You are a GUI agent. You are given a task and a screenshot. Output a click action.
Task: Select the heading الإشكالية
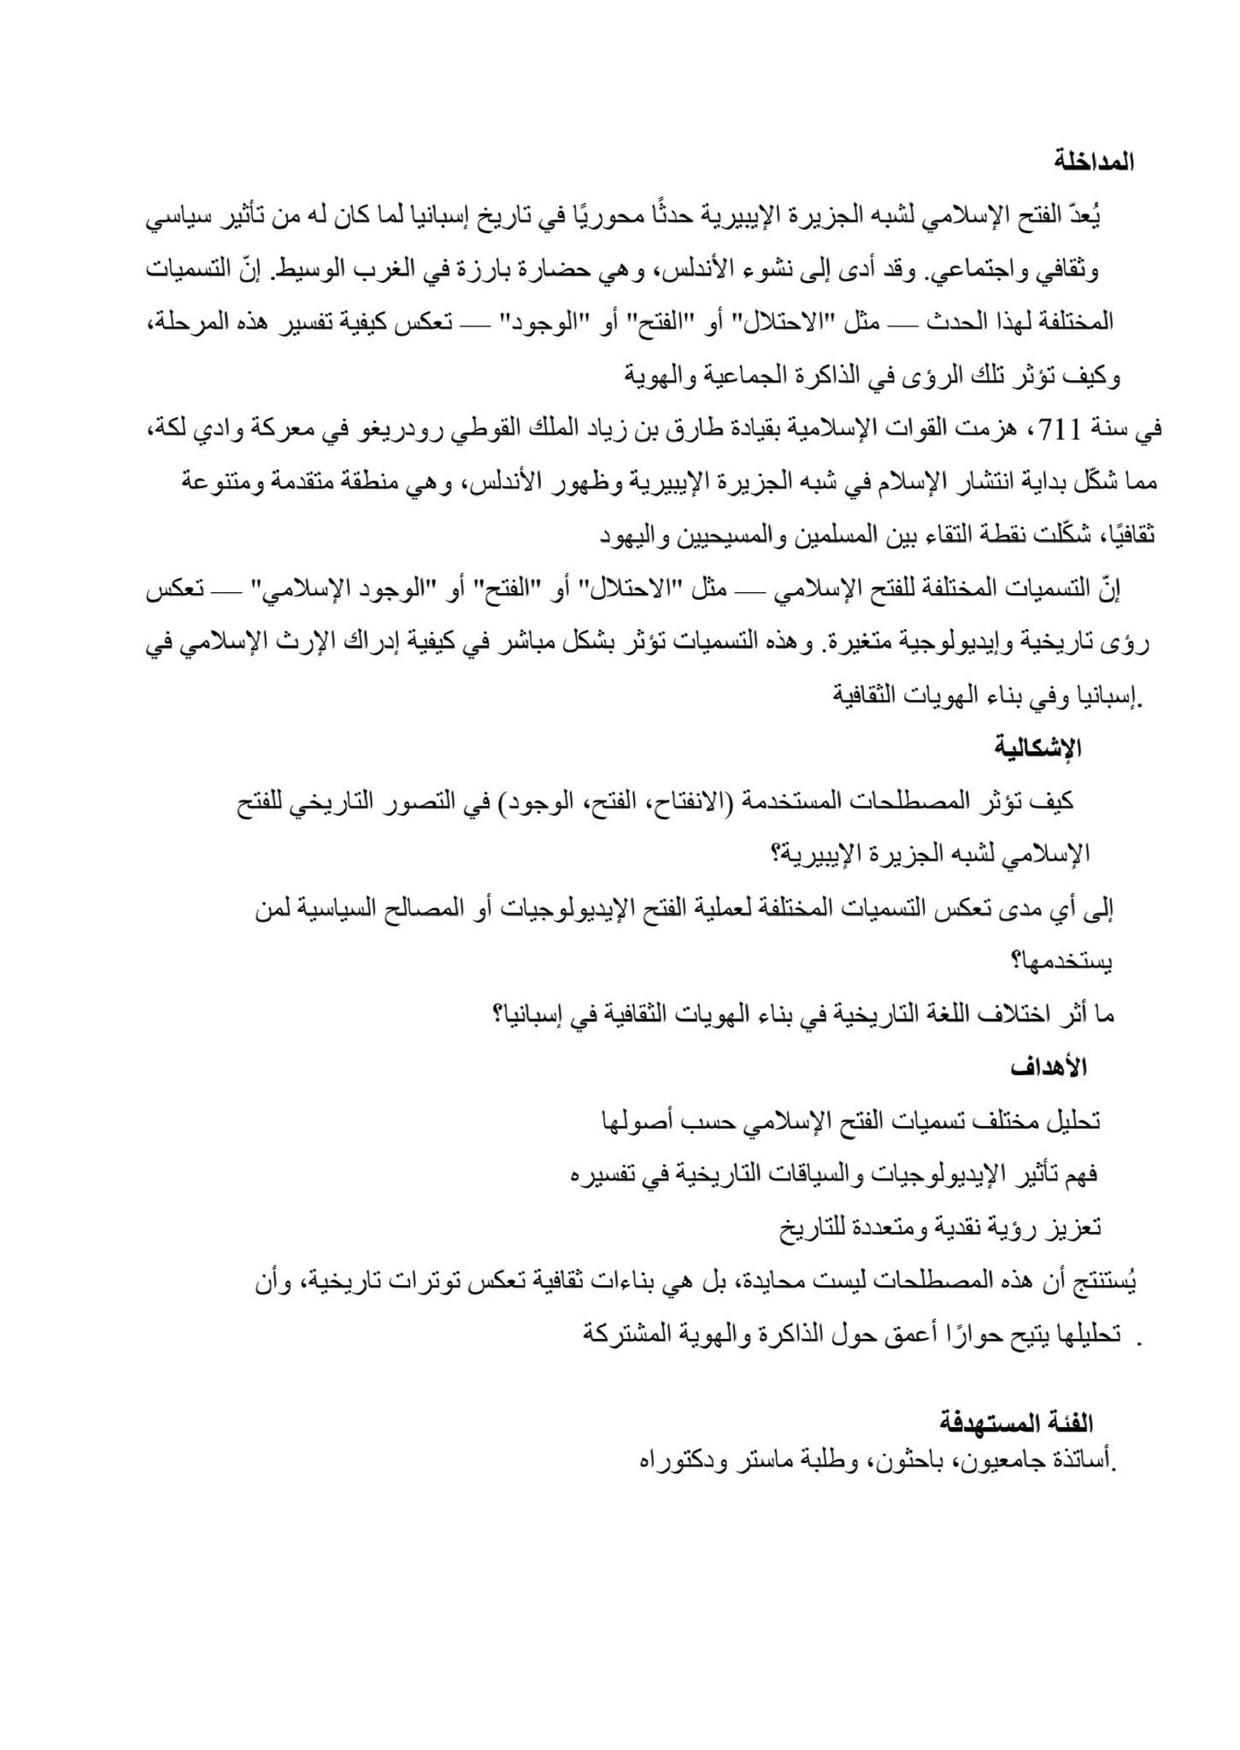pyautogui.click(x=1038, y=748)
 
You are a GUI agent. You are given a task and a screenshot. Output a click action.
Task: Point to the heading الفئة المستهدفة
pyautogui.click(x=1017, y=1423)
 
